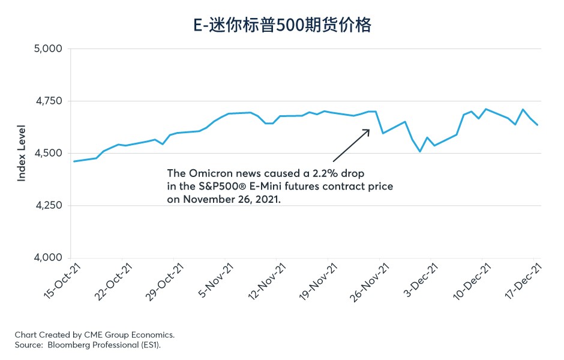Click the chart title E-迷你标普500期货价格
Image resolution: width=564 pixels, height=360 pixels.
281,25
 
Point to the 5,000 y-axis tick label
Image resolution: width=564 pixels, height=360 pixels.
46,49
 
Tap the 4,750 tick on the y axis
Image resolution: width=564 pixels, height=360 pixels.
46,101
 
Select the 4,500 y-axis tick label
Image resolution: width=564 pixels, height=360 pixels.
46,154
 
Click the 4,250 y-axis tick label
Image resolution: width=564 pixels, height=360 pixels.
46,206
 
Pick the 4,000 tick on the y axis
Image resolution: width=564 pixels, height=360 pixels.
46,258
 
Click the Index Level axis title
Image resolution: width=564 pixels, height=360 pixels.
22,153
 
